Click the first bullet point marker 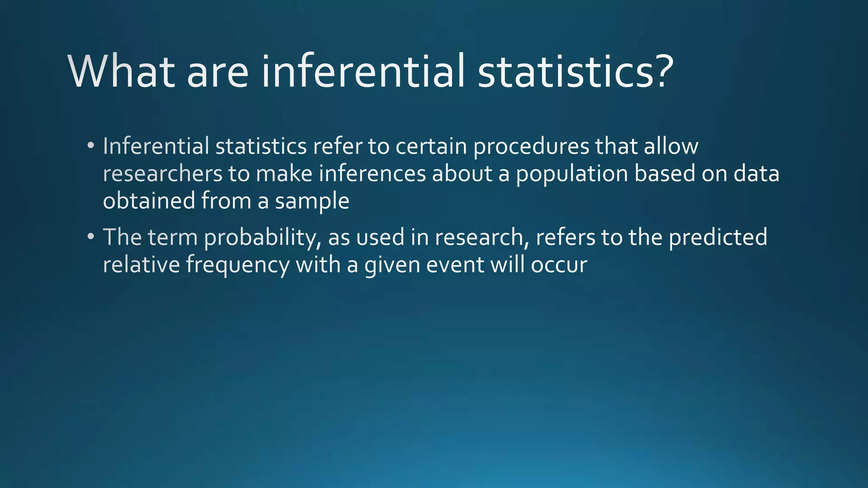pyautogui.click(x=90, y=146)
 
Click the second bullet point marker pyautogui.click(x=90, y=236)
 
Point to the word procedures pyautogui.click(x=531, y=147)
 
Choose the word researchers pyautogui.click(x=163, y=174)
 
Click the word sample pyautogui.click(x=312, y=202)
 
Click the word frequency pyautogui.click(x=238, y=265)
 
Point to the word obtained pyautogui.click(x=149, y=201)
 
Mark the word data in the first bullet pyautogui.click(x=757, y=174)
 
